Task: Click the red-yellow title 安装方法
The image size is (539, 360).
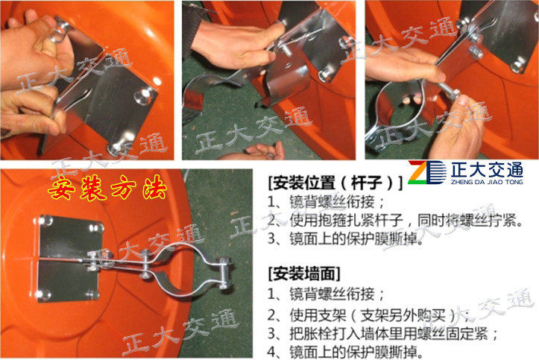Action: click(x=107, y=188)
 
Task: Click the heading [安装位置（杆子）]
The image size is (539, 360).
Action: click(x=335, y=183)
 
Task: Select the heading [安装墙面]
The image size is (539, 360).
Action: click(x=304, y=274)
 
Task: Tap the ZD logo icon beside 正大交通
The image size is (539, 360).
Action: click(x=427, y=172)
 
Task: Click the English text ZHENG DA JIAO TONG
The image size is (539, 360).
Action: click(x=487, y=182)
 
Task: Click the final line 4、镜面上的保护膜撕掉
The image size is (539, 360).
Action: click(x=345, y=352)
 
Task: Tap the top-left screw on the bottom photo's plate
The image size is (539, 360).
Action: click(x=45, y=220)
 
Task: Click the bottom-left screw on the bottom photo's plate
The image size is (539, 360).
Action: click(x=43, y=294)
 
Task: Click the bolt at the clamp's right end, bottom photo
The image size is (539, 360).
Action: click(x=224, y=273)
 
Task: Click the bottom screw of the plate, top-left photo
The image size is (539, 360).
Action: click(x=114, y=149)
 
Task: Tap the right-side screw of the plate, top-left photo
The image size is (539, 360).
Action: click(x=144, y=95)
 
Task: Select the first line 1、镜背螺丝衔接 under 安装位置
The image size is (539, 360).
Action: click(x=326, y=202)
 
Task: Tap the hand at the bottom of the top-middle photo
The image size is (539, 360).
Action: click(x=265, y=151)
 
